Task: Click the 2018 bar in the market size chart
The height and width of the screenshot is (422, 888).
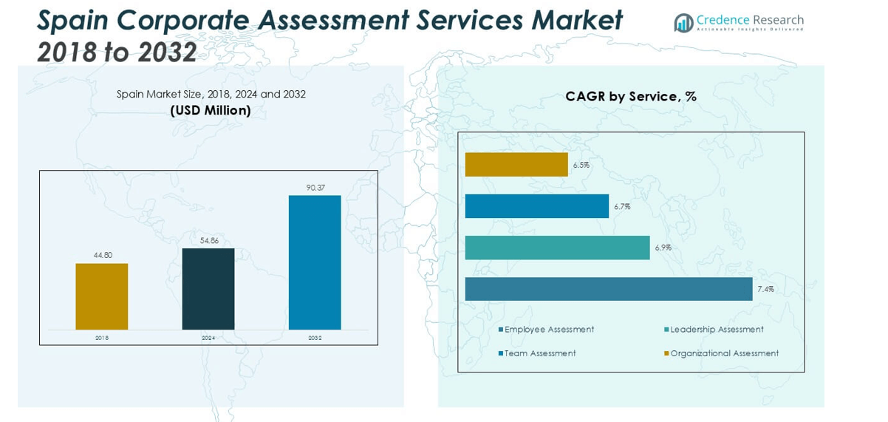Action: coord(101,296)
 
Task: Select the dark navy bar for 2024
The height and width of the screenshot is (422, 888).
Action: coord(208,289)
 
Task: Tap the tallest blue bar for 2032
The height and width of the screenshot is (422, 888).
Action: coord(315,262)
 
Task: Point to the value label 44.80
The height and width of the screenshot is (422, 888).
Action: coord(102,255)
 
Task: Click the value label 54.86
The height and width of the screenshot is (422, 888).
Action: coord(208,240)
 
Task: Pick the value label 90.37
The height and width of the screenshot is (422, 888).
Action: coord(315,187)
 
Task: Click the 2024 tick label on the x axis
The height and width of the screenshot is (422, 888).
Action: coord(208,338)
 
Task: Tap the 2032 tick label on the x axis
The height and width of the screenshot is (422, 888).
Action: coord(315,338)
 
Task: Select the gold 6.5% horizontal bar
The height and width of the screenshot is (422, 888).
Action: coord(516,165)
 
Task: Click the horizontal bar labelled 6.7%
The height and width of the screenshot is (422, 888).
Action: coord(536,206)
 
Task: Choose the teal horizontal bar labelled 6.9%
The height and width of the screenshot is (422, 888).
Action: coord(557,248)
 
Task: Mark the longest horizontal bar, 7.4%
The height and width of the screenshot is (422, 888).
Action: coord(609,289)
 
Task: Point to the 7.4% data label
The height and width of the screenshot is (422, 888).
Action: coord(765,289)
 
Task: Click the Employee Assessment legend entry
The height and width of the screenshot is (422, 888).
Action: coord(548,330)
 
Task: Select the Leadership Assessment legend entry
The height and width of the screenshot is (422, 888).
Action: coord(716,330)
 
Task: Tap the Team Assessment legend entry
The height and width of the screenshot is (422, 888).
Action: coord(539,353)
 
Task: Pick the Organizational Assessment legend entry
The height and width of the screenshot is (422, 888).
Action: coord(723,353)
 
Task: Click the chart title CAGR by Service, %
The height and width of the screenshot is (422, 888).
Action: coord(631,96)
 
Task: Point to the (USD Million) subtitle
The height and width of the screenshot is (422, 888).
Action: coord(211,111)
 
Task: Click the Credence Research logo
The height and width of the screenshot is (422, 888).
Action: coord(739,22)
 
